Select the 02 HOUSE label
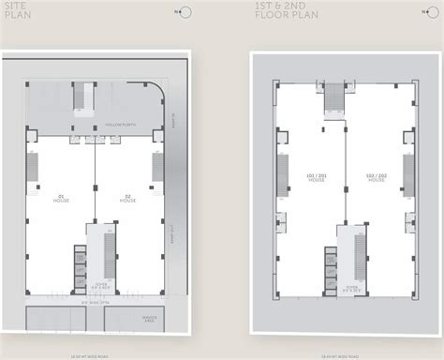coord(127,199)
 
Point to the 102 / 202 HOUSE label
coord(377,176)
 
